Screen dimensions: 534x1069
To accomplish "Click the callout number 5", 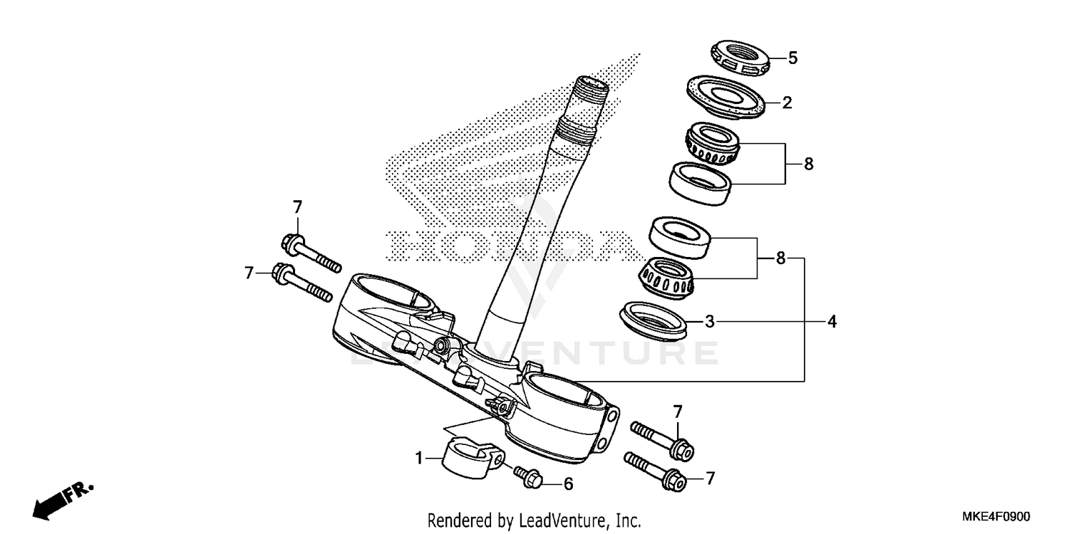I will click(792, 58).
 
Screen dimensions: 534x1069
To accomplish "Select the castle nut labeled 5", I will click(741, 59).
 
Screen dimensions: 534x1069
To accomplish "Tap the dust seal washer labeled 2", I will click(727, 95).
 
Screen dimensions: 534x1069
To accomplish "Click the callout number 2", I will click(787, 103).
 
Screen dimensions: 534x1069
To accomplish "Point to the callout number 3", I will click(709, 323).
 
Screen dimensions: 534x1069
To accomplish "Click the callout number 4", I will click(831, 323).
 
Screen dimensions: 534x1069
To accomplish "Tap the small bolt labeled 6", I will click(527, 477).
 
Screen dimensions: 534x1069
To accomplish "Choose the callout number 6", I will click(568, 484).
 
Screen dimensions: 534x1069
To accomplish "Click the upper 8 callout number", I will click(808, 164).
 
